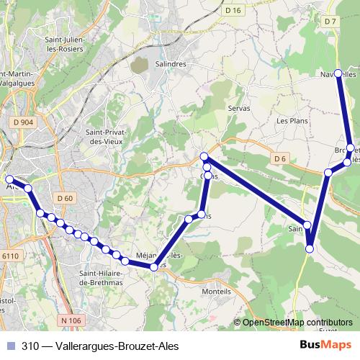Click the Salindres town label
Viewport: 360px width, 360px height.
pos(170,63)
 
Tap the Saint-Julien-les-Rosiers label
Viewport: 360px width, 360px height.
pos(64,44)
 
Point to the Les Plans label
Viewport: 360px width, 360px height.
pos(292,121)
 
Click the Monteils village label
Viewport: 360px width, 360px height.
pos(217,292)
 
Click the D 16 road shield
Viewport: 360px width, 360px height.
pos(232,10)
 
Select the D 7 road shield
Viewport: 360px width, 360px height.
pos(330,22)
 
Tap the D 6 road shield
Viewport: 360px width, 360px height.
pos(280,158)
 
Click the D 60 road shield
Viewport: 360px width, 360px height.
pos(64,198)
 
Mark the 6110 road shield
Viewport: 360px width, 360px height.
pos(11,256)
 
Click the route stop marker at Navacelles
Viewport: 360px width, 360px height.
pos(338,73)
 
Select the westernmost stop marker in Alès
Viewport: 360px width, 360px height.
pos(9,179)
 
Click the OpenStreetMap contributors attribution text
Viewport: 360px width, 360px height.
pos(297,323)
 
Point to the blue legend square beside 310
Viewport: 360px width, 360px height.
pos(9,345)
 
